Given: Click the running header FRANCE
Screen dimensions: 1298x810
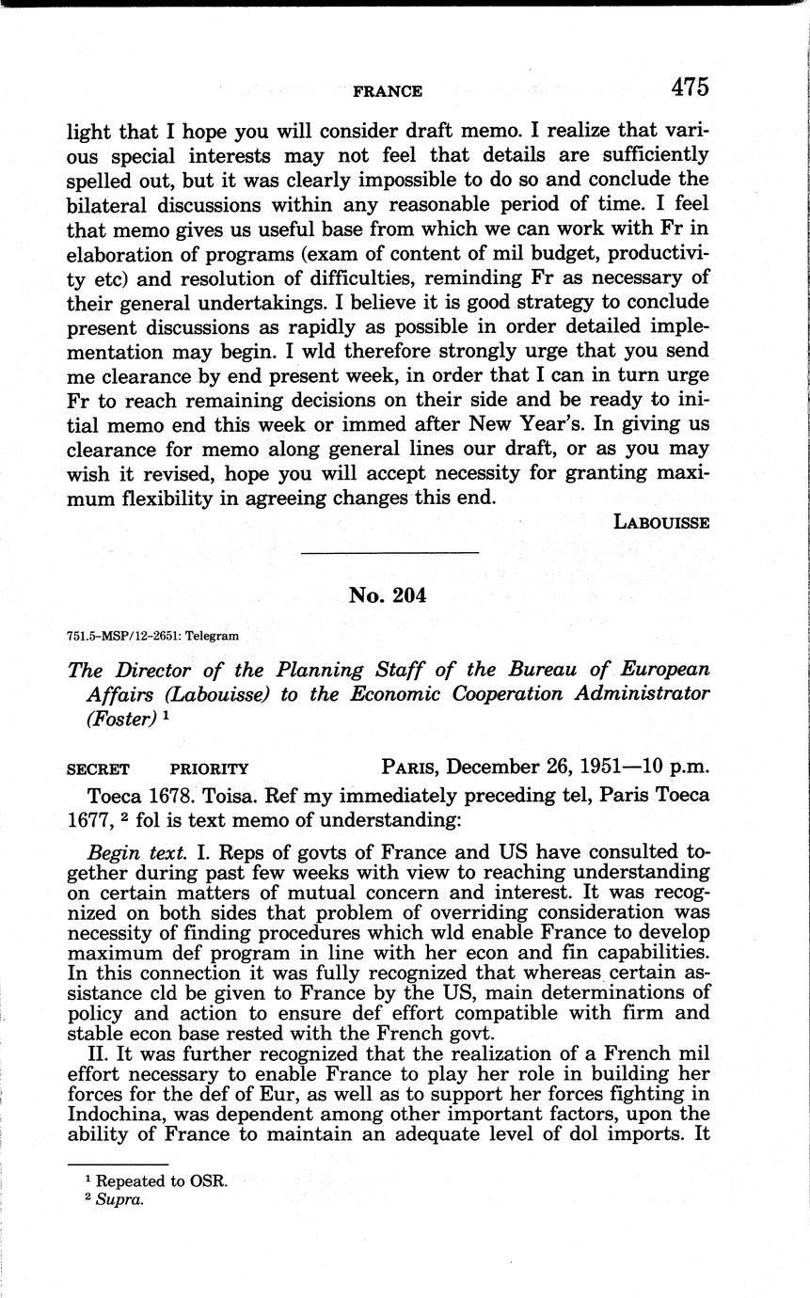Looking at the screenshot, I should (x=388, y=91).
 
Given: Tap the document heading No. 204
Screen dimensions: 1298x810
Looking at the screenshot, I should (x=387, y=594).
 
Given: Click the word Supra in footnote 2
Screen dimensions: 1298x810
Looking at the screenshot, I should (x=118, y=1201).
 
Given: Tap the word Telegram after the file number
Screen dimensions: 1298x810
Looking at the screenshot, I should (x=212, y=635).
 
